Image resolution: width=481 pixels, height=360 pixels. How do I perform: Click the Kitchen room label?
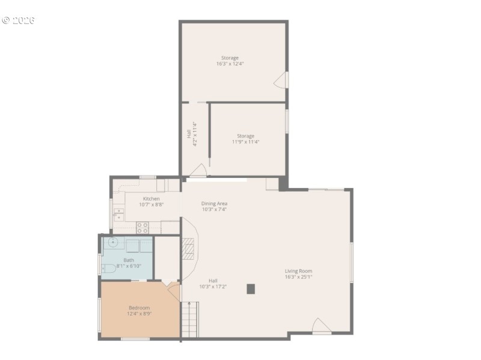(151, 198)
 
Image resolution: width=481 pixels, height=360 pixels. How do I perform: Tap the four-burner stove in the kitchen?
(142, 227)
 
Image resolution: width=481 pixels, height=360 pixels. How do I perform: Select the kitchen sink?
(118, 214)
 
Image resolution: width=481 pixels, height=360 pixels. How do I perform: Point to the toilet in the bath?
(109, 268)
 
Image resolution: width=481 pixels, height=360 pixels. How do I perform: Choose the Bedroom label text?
(139, 308)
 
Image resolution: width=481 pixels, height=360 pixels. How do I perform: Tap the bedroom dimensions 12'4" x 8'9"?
(139, 314)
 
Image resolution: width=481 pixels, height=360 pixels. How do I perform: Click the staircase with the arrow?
(189, 320)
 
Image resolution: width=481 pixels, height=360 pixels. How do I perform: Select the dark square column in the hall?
(251, 288)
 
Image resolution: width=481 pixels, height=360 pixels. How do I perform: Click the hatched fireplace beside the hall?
(189, 248)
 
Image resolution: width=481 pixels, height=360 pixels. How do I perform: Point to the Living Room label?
(298, 271)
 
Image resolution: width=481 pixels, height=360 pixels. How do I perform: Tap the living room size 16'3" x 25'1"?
(298, 277)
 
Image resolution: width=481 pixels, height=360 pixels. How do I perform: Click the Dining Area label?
(214, 203)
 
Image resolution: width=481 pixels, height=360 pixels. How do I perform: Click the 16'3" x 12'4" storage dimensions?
(230, 64)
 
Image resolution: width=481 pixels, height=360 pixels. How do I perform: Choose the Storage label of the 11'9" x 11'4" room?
(245, 136)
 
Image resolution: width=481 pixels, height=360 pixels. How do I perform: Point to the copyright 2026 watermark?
(19, 20)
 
